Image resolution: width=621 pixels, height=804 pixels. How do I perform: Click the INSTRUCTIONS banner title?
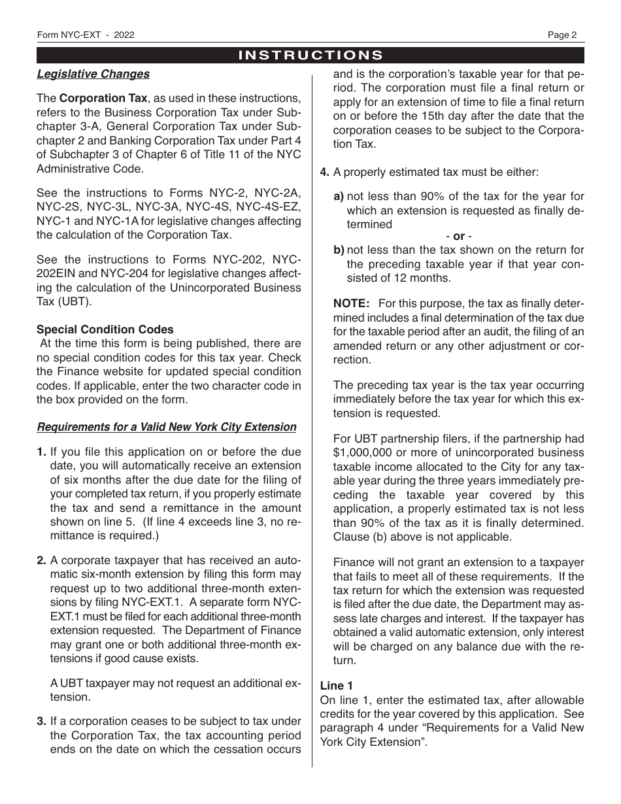pos(310,55)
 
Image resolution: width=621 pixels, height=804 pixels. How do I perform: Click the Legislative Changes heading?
pos(93,74)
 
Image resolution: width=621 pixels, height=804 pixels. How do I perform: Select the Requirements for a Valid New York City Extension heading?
pos(167,427)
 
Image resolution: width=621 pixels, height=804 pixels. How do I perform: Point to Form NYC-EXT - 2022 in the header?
pos(86,35)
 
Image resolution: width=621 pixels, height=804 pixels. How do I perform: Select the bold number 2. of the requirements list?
pos(42,560)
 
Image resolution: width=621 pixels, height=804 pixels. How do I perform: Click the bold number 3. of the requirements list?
pos(42,721)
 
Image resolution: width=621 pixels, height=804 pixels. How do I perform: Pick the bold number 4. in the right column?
pos(324,173)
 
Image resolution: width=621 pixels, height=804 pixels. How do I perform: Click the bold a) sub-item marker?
pos(339,196)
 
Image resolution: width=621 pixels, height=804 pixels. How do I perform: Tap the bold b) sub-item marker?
pos(339,250)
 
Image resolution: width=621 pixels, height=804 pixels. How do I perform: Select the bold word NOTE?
pos(352,303)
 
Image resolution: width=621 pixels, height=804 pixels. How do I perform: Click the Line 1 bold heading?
pos(337,686)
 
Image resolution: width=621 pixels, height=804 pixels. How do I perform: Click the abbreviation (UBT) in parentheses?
pos(75,302)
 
